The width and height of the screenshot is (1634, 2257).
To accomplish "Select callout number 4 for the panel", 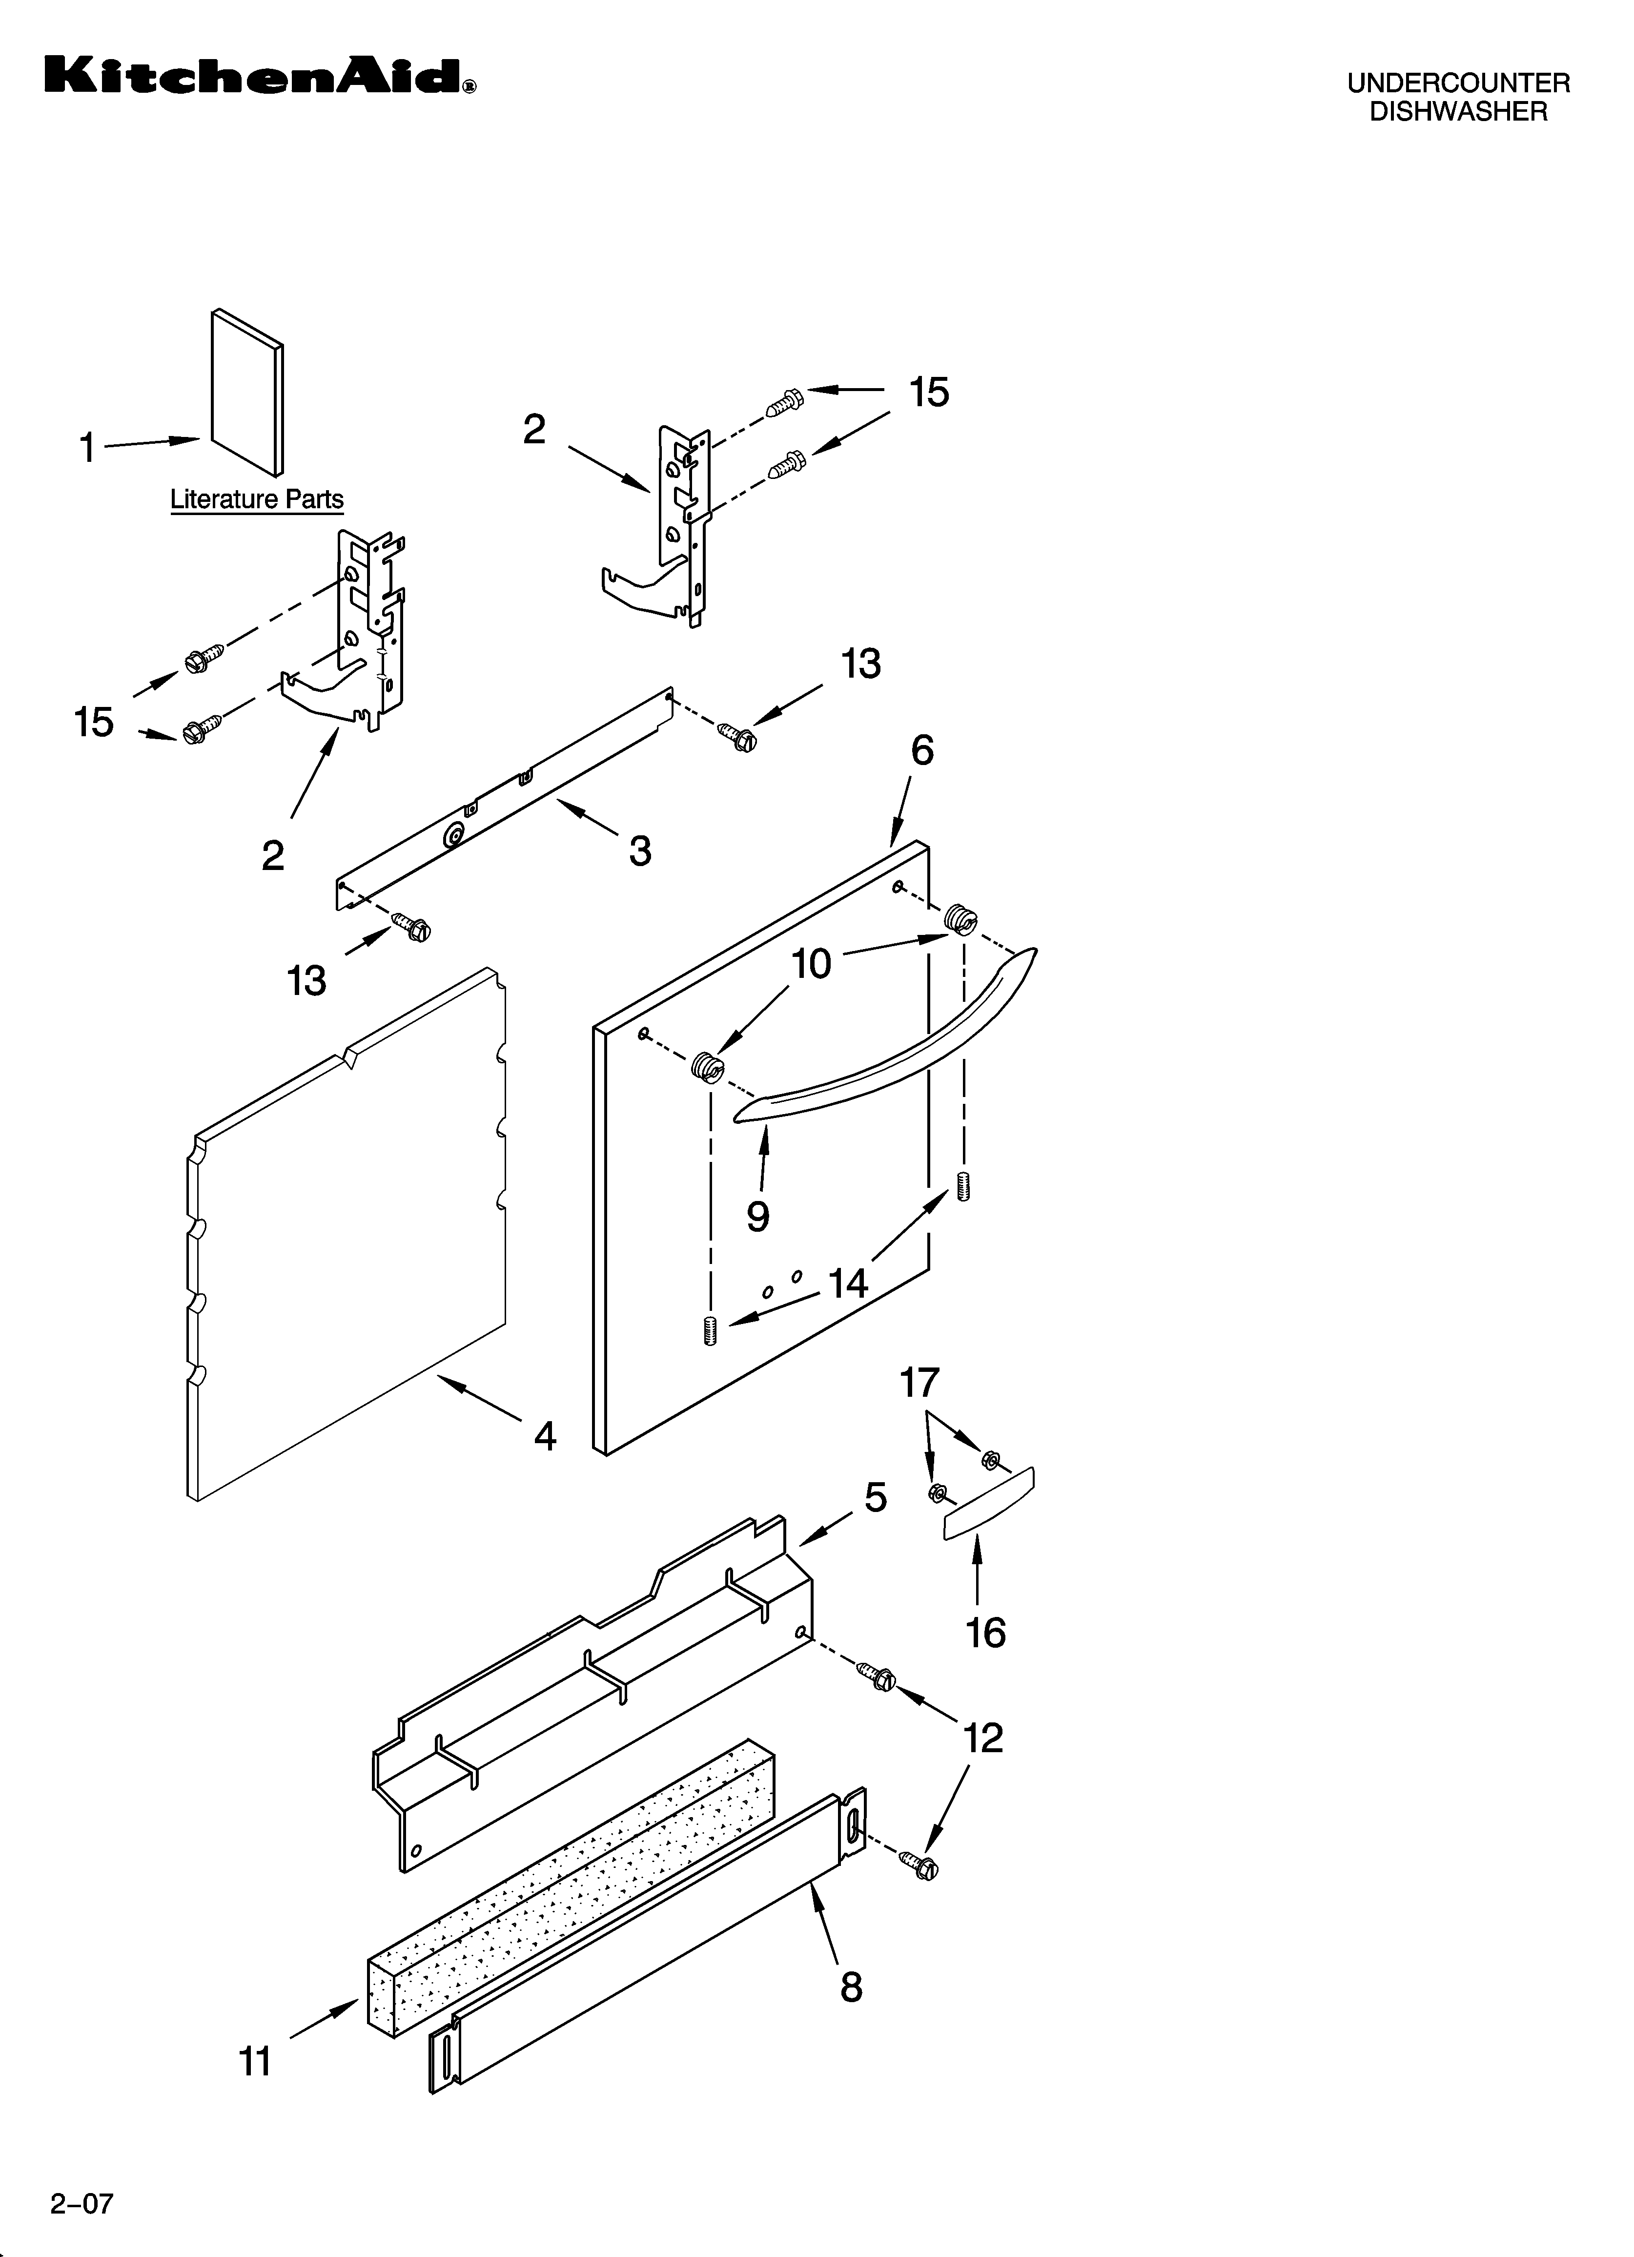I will click(545, 1435).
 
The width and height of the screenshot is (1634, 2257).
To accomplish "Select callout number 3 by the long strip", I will click(640, 851).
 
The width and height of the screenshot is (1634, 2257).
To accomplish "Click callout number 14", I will click(849, 1284).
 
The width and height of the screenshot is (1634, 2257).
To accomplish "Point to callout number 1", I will click(87, 448).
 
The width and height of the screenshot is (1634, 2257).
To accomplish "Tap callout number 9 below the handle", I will click(758, 1215).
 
